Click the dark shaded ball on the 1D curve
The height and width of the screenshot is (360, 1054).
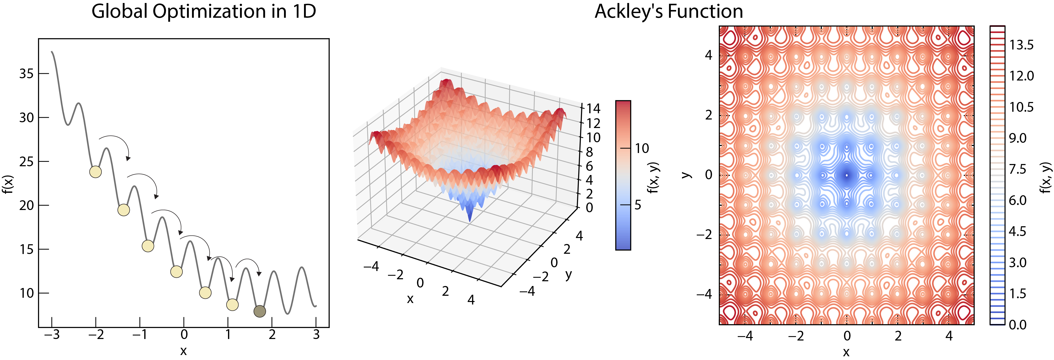click(259, 311)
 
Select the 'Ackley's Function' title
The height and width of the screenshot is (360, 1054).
click(668, 11)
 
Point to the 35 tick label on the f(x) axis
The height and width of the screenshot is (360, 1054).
click(26, 74)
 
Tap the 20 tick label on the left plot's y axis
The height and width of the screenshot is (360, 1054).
click(26, 205)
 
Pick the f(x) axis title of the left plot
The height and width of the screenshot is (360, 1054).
click(8, 184)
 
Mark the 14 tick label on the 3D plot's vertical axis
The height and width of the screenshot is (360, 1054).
click(593, 109)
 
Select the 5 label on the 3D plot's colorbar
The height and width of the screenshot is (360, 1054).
click(638, 204)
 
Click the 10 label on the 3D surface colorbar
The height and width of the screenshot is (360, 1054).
click(642, 148)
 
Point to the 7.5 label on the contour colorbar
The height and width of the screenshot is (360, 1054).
click(1017, 169)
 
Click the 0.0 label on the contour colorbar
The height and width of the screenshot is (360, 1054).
click(1017, 325)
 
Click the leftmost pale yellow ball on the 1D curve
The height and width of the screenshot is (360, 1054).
click(95, 172)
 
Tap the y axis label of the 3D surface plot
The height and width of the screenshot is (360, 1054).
click(568, 275)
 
